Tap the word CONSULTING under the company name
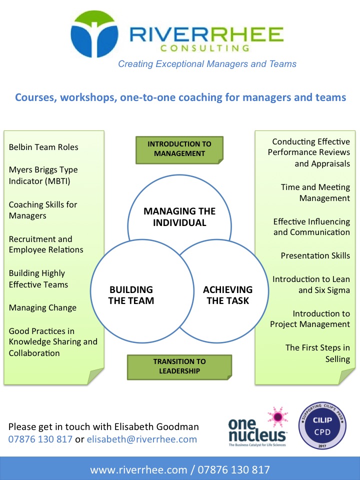(205, 48)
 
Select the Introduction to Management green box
(179, 149)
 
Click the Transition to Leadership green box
(179, 366)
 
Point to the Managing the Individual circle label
(179, 216)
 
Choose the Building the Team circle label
(131, 295)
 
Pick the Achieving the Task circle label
(228, 295)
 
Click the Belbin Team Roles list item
(43, 147)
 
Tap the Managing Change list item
(42, 307)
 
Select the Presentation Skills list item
(315, 255)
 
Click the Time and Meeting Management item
(315, 192)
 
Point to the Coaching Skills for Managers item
(43, 210)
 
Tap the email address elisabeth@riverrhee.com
(141, 439)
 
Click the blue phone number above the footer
(40, 439)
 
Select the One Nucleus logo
(258, 426)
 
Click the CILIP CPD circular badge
(322, 425)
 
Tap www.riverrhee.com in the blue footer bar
(138, 470)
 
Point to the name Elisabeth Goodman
(156, 426)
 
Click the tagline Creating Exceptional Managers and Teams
(207, 64)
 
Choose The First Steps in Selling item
(317, 353)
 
